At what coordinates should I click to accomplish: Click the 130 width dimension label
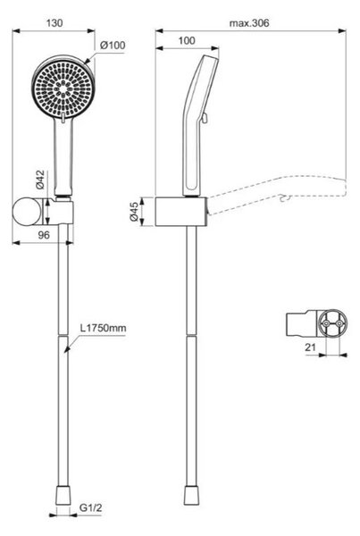54,23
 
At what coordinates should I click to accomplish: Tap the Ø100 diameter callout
113,46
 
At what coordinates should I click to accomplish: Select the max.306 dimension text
249,23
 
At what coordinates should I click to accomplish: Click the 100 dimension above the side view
187,41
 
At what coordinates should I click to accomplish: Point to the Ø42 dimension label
40,180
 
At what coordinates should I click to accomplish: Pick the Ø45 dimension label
134,212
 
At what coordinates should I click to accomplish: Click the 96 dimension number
44,235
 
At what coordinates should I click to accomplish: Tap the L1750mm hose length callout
104,328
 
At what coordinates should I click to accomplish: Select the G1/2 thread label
90,507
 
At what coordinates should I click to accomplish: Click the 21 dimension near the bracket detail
311,348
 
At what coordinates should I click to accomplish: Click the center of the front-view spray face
63,88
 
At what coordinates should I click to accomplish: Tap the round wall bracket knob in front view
26,212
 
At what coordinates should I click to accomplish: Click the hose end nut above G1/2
63,495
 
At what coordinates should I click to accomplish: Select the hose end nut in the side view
191,495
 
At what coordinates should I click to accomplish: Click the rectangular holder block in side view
181,212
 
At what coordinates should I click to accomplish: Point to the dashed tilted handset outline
277,195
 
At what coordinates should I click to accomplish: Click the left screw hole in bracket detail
326,323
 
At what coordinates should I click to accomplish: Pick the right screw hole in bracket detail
339,323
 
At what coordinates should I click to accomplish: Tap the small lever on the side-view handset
205,118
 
